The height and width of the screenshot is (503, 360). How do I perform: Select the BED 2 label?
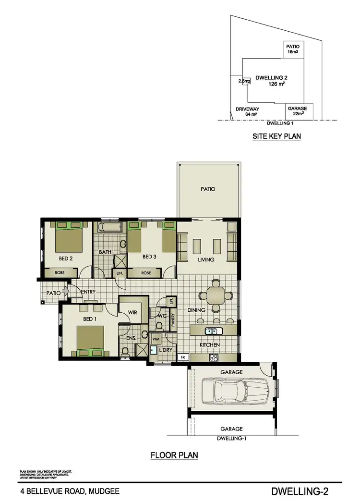pos(65,258)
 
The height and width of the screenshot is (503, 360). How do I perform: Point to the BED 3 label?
pos(149,257)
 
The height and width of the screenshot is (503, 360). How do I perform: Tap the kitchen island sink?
pos(212,331)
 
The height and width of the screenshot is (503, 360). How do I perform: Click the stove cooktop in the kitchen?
pos(214,357)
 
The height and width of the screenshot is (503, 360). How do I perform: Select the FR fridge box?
pos(183,357)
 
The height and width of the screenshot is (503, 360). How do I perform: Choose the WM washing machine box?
pos(155,339)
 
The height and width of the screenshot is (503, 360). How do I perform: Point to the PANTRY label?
pos(173,319)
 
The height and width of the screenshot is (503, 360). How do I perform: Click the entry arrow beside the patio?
pos(66,290)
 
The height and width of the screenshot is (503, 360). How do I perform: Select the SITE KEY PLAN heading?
pos(276,136)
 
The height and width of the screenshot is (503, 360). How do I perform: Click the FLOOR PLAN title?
pos(174,455)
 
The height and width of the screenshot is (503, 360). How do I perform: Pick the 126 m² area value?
pos(276,84)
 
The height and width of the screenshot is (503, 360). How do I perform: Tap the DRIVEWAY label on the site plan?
pos(247,109)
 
